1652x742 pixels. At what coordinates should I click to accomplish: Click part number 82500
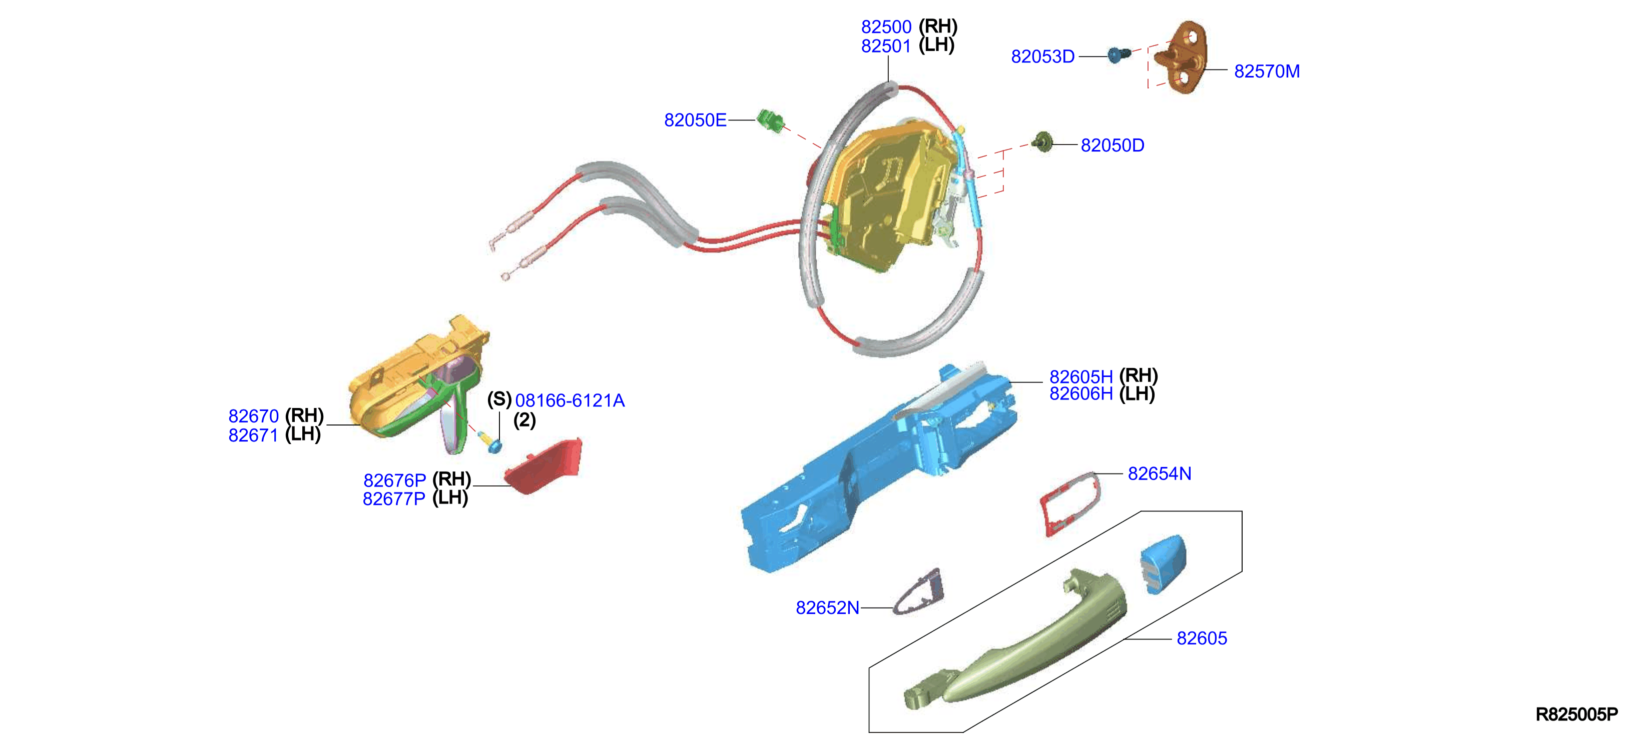(x=886, y=27)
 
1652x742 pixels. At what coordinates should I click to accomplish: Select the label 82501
(x=886, y=46)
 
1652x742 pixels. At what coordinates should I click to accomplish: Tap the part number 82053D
(x=1043, y=57)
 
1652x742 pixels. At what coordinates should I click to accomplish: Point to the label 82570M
(x=1267, y=71)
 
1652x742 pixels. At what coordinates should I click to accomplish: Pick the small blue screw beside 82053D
(x=1119, y=54)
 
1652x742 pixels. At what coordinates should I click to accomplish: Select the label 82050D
(x=1112, y=145)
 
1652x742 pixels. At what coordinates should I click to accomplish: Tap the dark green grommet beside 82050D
(x=1044, y=142)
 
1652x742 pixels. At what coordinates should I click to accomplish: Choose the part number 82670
(x=253, y=416)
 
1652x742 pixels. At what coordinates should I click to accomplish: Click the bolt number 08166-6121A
(x=570, y=401)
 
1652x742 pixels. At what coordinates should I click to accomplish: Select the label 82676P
(x=394, y=480)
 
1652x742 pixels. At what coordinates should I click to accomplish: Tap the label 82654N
(x=1160, y=474)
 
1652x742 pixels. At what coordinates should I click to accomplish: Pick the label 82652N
(x=827, y=608)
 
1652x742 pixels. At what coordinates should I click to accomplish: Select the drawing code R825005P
(x=1576, y=714)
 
